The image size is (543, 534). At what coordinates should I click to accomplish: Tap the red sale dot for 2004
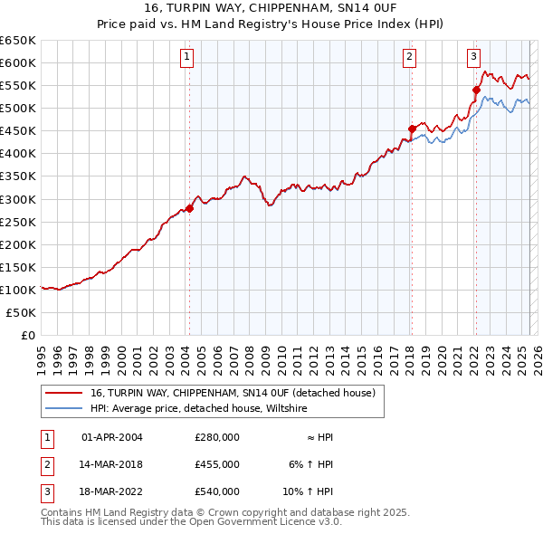pyautogui.click(x=189, y=208)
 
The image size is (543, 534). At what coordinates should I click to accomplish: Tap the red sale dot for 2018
pyautogui.click(x=412, y=129)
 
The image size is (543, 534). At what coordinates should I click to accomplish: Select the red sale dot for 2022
pyautogui.click(x=476, y=90)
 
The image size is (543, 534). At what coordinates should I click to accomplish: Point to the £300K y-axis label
pyautogui.click(x=18, y=199)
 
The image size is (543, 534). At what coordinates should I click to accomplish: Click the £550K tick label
pyautogui.click(x=18, y=85)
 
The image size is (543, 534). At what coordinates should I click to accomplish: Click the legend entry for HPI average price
pyautogui.click(x=198, y=409)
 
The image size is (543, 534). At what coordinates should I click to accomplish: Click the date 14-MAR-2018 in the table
pyautogui.click(x=112, y=464)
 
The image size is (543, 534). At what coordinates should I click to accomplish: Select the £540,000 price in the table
pyautogui.click(x=216, y=491)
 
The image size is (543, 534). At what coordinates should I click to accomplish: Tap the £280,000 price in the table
pyautogui.click(x=216, y=437)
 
